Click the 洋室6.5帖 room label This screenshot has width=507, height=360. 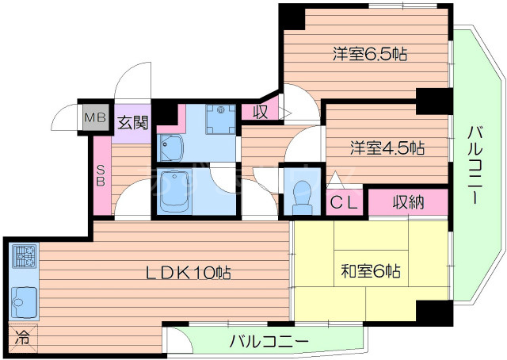click(369, 55)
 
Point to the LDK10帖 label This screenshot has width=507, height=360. click(187, 273)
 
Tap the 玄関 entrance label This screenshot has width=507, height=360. click(132, 122)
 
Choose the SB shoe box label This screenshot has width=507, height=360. click(101, 173)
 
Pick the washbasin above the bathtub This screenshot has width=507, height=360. click(170, 147)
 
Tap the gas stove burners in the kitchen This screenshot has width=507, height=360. click(24, 257)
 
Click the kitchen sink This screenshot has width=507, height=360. click(24, 300)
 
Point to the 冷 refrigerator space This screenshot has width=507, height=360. click(23, 336)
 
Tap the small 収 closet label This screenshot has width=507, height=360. click(260, 112)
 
